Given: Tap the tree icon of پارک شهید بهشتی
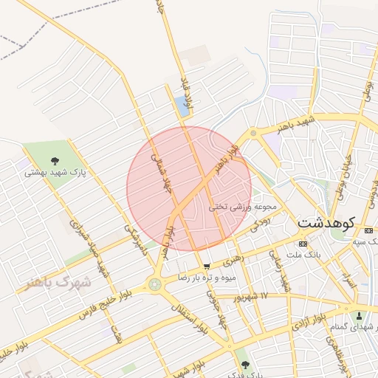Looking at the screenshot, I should (x=55, y=161).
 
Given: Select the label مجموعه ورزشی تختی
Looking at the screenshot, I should (x=243, y=207).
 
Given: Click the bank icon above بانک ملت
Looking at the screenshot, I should (x=303, y=244).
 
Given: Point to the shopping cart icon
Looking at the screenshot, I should (x=207, y=266).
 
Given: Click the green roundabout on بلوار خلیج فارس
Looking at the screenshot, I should (x=155, y=284).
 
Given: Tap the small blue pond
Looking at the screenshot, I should (x=182, y=106).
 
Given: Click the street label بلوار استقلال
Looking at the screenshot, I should (x=188, y=318).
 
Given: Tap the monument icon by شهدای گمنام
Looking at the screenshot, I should (x=360, y=315).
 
